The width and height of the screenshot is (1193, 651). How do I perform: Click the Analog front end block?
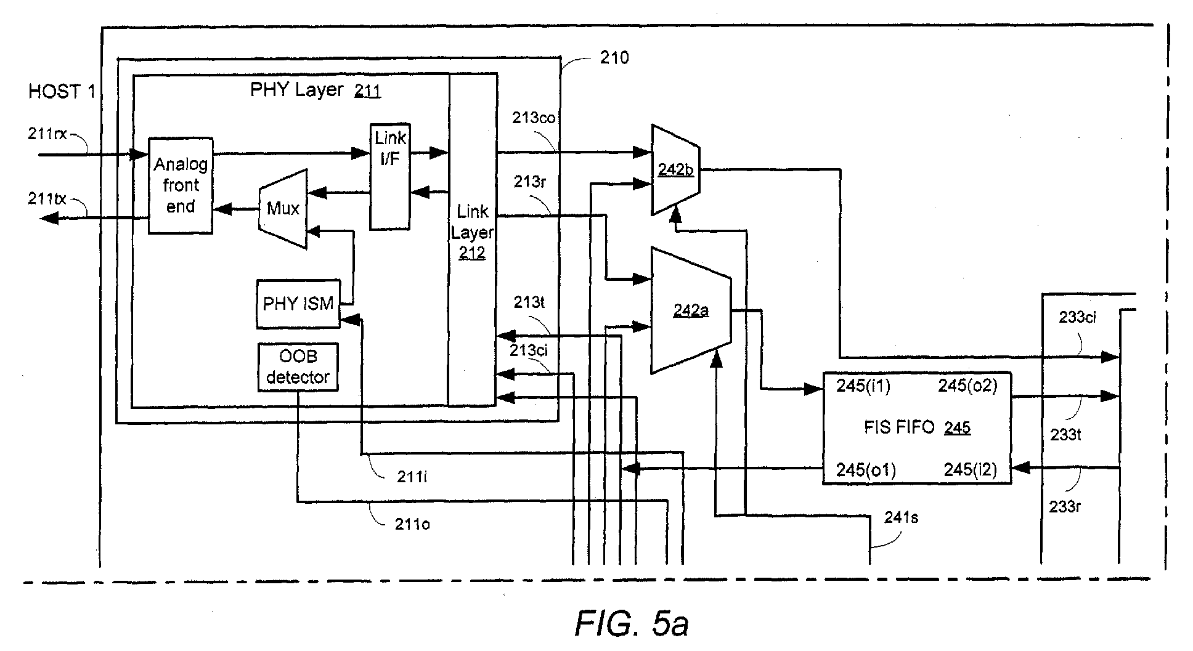tap(181, 185)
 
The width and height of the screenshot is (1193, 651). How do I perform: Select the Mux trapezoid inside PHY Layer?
tap(283, 209)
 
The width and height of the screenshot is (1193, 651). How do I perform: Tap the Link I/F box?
tap(389, 176)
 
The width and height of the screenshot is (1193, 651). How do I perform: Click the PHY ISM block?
tap(298, 304)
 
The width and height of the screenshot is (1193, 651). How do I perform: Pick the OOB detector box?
tap(298, 367)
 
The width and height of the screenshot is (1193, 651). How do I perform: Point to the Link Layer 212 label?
tap(472, 232)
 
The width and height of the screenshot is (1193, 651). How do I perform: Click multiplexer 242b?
tap(675, 170)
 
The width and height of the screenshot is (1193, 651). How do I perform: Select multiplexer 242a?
tap(691, 310)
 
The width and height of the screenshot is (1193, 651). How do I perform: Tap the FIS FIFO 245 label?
tap(917, 427)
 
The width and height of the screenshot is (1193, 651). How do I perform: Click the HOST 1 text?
tap(62, 92)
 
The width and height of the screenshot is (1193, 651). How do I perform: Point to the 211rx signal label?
tap(47, 134)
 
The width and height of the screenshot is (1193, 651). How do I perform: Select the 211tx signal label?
tap(47, 199)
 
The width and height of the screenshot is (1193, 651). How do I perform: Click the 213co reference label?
tap(534, 118)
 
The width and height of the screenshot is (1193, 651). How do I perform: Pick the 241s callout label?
tap(901, 517)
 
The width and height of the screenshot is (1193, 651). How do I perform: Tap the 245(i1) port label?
tap(863, 386)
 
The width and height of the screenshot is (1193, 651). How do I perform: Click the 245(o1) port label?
tap(865, 470)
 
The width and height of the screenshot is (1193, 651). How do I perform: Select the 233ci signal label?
tap(1077, 318)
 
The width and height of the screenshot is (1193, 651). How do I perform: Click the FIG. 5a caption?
tap(632, 624)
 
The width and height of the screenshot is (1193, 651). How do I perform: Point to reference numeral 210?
tap(614, 58)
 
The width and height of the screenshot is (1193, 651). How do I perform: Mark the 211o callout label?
tap(412, 524)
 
